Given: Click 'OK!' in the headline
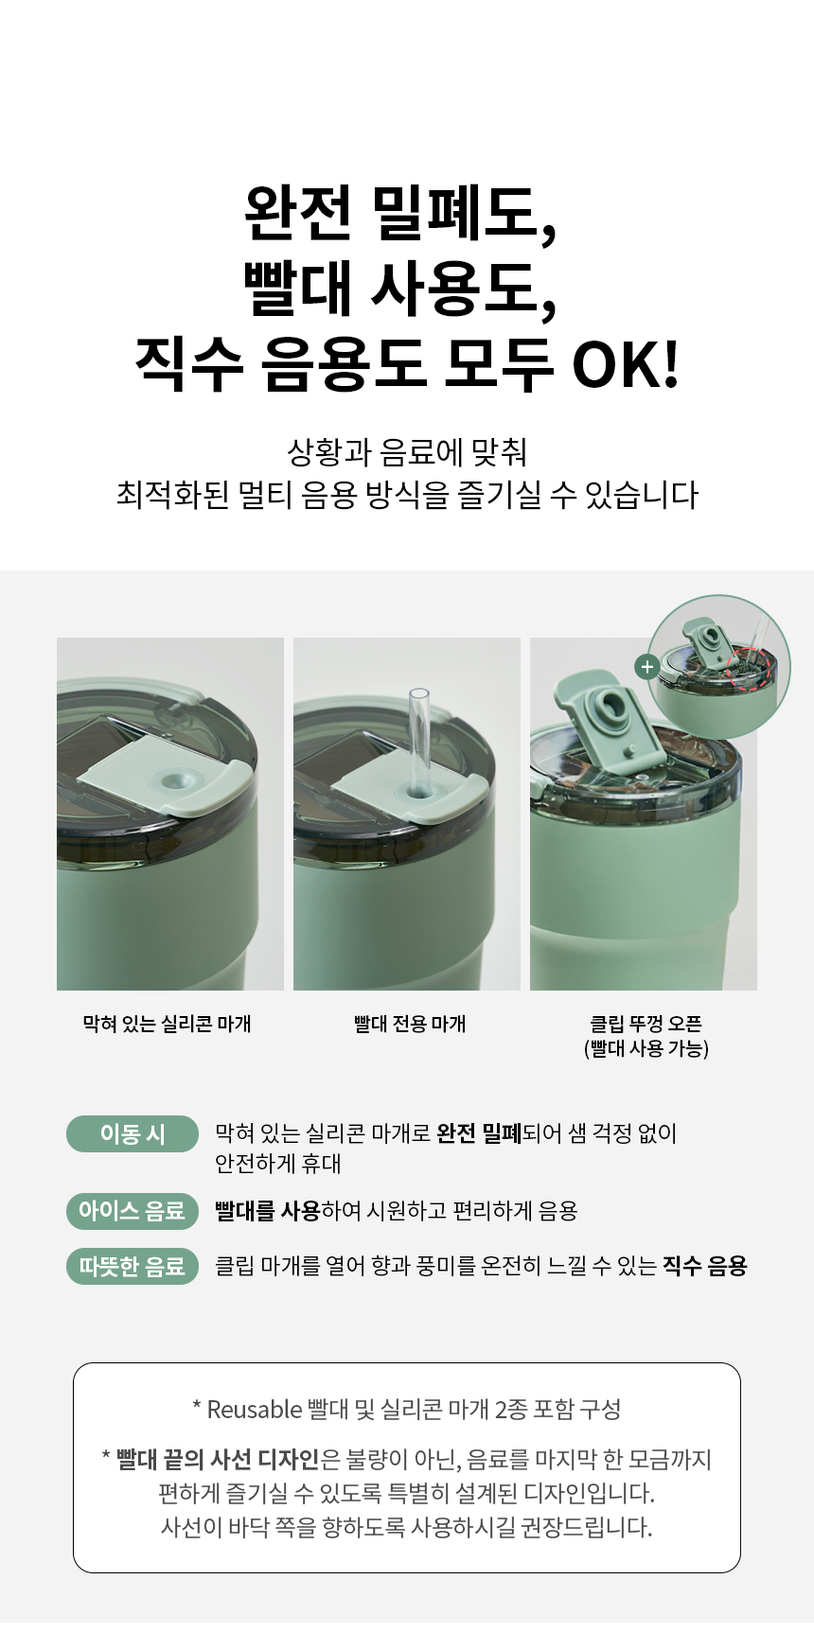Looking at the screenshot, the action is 626,364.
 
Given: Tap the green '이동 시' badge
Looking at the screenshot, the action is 133,1133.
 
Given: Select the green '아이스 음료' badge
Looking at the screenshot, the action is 133,1211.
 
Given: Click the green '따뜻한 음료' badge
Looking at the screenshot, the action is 133,1266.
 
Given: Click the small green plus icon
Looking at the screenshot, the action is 647,667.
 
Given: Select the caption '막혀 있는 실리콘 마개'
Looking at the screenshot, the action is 168,1024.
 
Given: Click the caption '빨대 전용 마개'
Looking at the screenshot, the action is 410,1024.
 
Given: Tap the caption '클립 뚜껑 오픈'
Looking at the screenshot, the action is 646,1024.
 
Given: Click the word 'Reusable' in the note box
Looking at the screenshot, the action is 255,1410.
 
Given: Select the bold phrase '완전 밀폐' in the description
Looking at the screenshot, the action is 479,1132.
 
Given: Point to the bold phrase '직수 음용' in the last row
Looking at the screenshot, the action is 705,1266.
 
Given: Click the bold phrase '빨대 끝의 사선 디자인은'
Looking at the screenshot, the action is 228,1460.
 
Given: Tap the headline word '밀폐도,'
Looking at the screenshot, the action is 464,214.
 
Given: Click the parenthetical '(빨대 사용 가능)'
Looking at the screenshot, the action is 646,1048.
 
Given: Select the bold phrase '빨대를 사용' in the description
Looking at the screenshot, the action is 268,1211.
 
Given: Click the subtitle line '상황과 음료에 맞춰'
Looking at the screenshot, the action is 407,451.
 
